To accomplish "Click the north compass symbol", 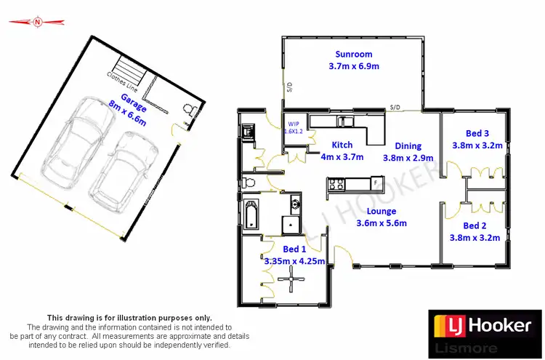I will pyautogui.click(x=36, y=23).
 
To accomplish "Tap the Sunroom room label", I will pyautogui.click(x=354, y=54).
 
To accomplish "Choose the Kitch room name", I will pyautogui.click(x=342, y=145).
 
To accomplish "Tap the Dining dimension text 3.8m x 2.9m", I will pyautogui.click(x=408, y=158).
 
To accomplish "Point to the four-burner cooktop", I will pyautogui.click(x=336, y=184).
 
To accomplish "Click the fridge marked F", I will pyautogui.click(x=375, y=183).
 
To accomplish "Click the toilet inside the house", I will pyautogui.click(x=250, y=181).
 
